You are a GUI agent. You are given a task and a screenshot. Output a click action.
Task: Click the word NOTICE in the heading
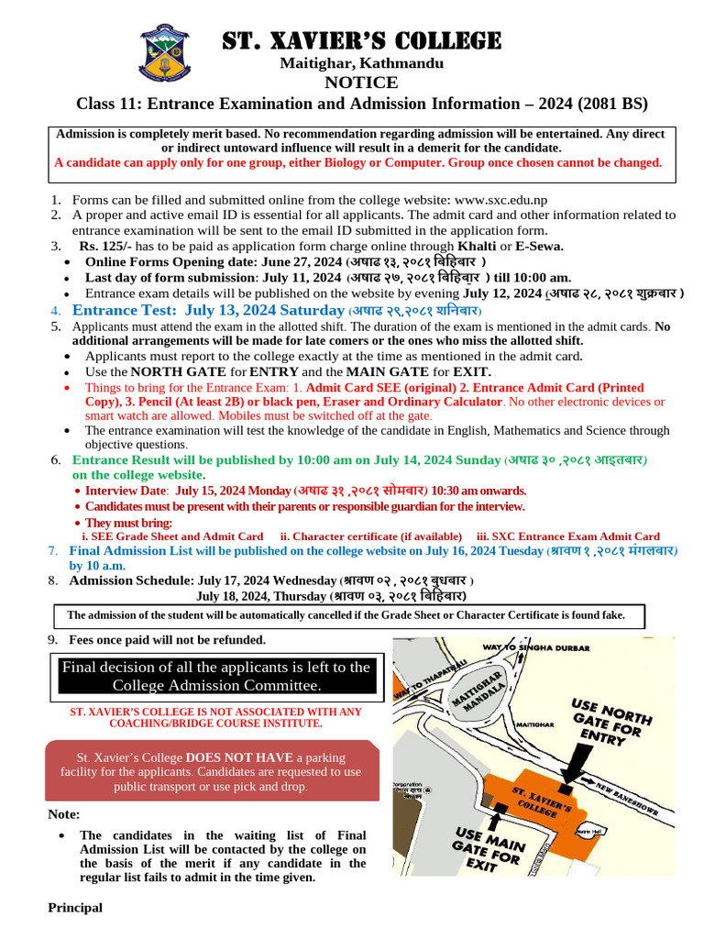point(361,83)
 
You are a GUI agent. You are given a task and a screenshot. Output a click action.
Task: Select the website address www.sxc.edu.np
point(500,199)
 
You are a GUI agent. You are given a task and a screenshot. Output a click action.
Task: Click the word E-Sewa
point(539,246)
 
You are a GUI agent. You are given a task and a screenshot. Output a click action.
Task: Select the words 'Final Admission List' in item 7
point(127,551)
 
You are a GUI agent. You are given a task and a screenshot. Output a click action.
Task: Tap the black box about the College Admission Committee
point(215,677)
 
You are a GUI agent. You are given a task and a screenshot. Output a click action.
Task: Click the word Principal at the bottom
point(75,908)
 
